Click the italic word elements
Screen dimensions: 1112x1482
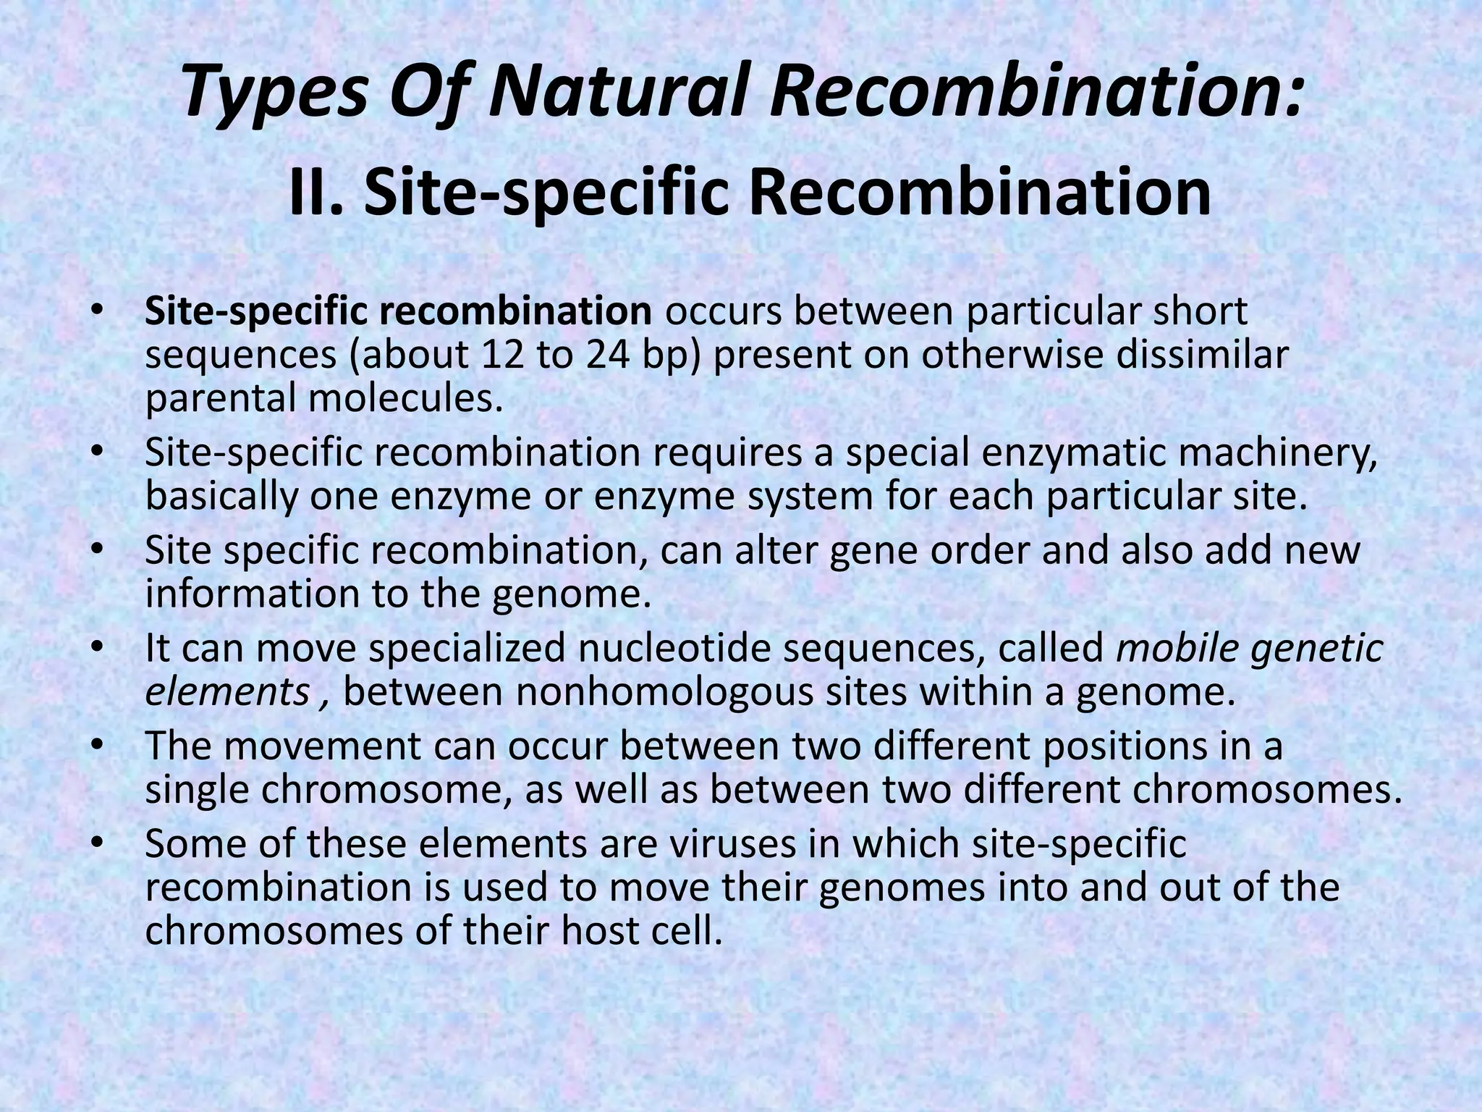coord(227,692)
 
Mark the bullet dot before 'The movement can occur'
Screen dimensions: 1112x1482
coord(98,746)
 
